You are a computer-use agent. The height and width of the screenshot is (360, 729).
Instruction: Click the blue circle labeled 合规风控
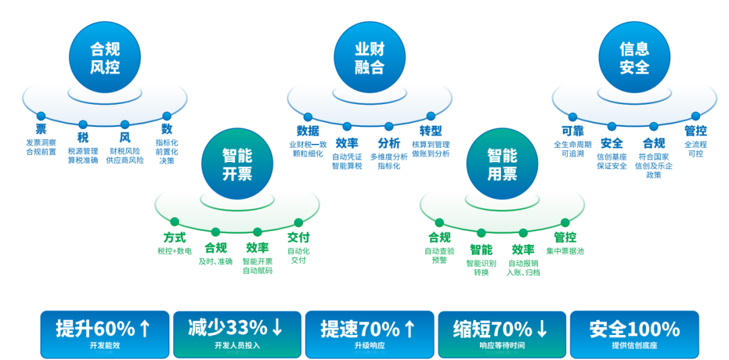(105, 58)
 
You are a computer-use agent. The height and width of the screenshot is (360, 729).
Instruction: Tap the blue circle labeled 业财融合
(369, 58)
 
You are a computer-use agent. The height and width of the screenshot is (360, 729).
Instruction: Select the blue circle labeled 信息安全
(634, 58)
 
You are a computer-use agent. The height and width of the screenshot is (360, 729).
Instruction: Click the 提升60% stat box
(105, 334)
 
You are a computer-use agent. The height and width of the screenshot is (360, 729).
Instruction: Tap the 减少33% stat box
(237, 334)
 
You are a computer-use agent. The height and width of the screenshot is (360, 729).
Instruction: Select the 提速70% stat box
(369, 334)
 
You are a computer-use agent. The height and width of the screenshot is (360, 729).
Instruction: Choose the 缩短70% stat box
(502, 334)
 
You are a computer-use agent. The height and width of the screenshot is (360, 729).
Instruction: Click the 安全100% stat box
(634, 334)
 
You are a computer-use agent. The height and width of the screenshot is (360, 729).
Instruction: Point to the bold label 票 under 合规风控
(41, 129)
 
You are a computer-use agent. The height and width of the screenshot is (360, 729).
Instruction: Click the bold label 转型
(431, 130)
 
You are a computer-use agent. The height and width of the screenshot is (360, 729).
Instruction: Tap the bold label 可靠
(572, 130)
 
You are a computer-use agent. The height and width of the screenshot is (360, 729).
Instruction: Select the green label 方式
(174, 237)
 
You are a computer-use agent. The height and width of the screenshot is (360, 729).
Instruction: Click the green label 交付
(298, 237)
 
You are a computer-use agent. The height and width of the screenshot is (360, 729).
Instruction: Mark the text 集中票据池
(565, 251)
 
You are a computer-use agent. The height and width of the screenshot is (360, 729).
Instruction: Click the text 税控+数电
(174, 251)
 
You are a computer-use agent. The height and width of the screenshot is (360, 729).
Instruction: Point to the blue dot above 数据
(308, 117)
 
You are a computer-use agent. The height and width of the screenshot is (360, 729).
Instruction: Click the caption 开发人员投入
(237, 346)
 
